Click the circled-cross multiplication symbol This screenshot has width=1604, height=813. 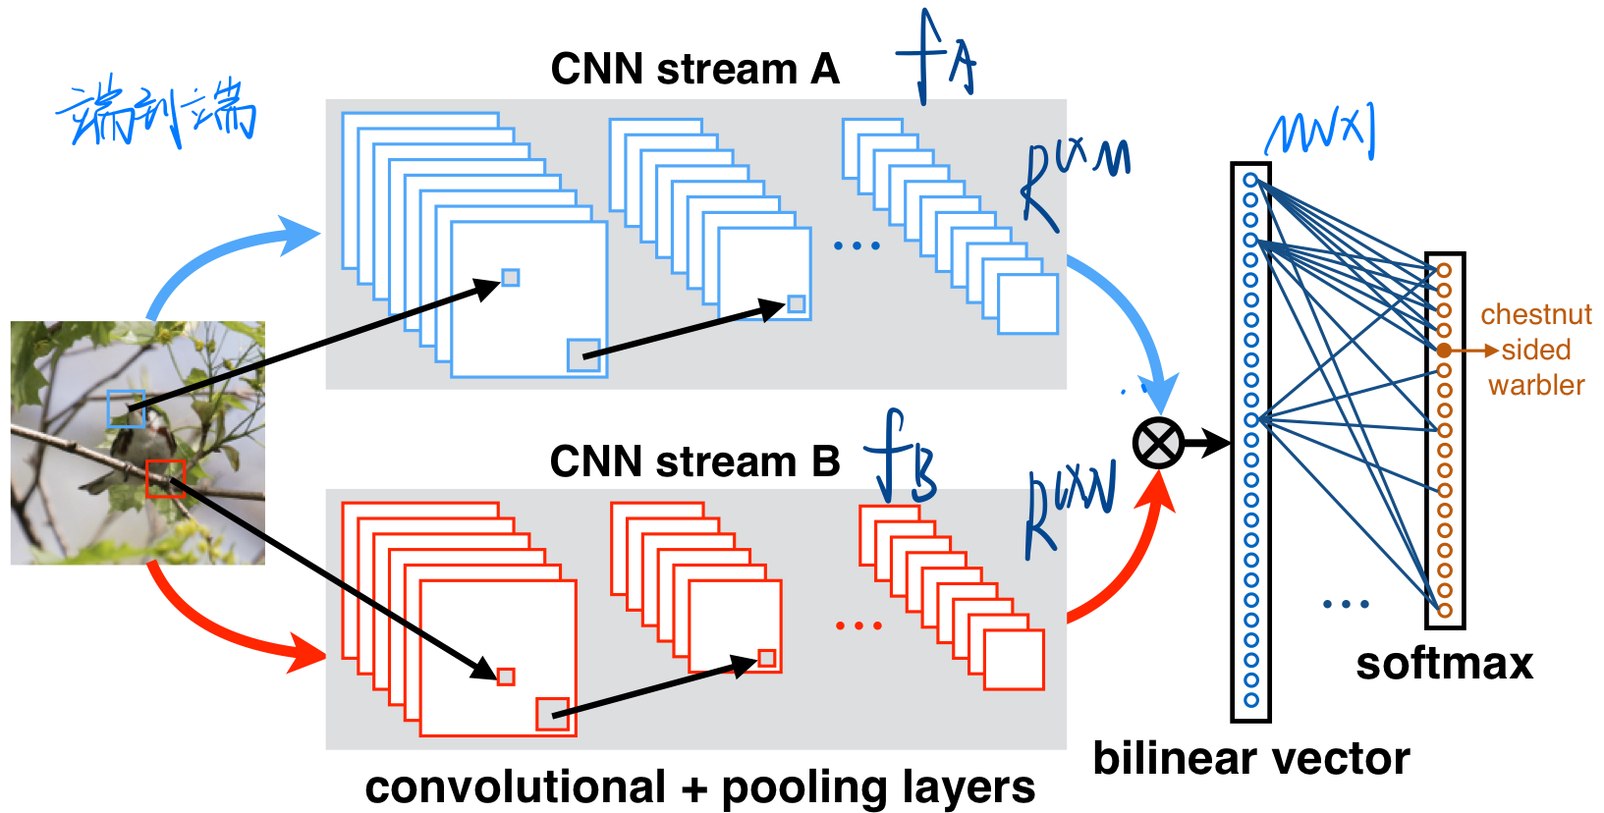tap(1158, 444)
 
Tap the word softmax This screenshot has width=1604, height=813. tap(1444, 665)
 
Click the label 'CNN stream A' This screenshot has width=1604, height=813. tap(694, 70)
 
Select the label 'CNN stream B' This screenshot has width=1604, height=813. tap(694, 461)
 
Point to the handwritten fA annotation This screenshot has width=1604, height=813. tap(936, 59)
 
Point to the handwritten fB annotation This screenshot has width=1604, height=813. tap(901, 459)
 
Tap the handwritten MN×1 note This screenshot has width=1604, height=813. tap(1320, 133)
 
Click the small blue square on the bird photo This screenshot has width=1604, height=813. tap(126, 408)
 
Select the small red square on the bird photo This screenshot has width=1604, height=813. tap(165, 478)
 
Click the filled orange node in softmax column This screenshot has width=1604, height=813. tap(1444, 351)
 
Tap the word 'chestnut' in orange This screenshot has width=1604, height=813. tap(1535, 315)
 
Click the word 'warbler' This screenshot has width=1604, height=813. tap(1536, 385)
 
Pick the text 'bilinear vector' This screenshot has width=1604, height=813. tap(1250, 759)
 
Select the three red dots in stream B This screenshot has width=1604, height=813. tap(858, 625)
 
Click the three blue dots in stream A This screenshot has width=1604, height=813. tap(857, 245)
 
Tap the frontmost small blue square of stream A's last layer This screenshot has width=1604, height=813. tap(1027, 304)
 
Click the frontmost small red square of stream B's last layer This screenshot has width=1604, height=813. tap(1014, 660)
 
